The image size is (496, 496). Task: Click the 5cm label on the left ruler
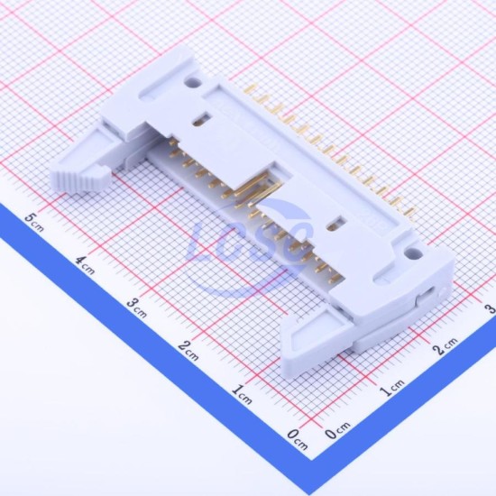[x=34, y=222]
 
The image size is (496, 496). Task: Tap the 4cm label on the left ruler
[x=85, y=265]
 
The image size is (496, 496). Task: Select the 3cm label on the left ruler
[x=137, y=308]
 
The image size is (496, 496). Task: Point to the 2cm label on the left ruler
[x=188, y=351]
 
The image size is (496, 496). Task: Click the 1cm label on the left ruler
[x=242, y=394]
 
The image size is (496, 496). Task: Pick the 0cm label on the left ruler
[x=298, y=439]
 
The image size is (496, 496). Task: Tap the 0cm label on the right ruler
[x=337, y=430]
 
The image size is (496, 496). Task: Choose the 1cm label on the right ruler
[x=392, y=388]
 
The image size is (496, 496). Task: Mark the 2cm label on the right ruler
[x=445, y=345]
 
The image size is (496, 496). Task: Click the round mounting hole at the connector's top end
[x=193, y=83]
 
